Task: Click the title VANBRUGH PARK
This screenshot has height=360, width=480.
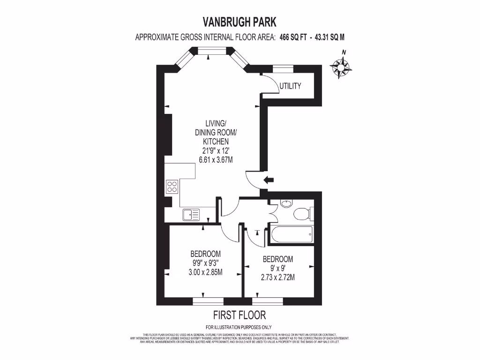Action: [x=240, y=22]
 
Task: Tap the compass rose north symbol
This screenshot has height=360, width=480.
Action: [x=341, y=67]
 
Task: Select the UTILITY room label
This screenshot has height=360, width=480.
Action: [x=290, y=86]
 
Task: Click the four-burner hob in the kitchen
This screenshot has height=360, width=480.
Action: [x=172, y=187]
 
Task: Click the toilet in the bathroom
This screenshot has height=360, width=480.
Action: [x=302, y=214]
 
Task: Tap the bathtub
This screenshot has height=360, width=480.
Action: [x=291, y=233]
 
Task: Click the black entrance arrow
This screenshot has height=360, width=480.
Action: [x=269, y=180]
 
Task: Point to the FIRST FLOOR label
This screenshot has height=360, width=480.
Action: [x=240, y=315]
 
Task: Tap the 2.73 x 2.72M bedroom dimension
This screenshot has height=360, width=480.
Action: [x=278, y=277]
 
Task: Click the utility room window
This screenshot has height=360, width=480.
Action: [x=283, y=69]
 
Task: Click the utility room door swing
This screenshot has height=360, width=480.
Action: [x=268, y=84]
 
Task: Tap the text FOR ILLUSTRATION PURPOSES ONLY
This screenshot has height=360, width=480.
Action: [x=239, y=327]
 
